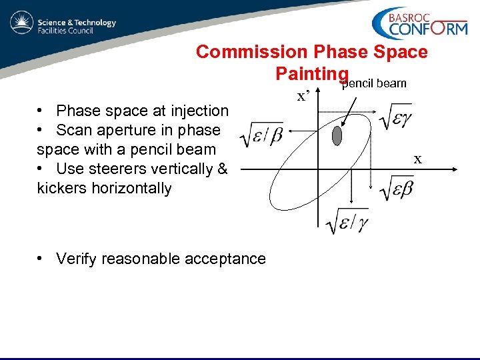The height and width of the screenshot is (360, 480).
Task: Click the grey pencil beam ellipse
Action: (337, 137)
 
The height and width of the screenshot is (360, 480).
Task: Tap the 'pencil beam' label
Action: (374, 84)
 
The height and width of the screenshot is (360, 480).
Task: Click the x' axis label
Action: (305, 96)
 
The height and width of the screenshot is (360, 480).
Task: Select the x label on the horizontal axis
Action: (418, 159)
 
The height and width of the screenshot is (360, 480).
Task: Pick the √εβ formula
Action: (396, 188)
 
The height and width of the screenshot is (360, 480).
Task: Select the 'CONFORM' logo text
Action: (427, 29)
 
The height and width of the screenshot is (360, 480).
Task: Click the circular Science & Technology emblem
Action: (21, 23)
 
